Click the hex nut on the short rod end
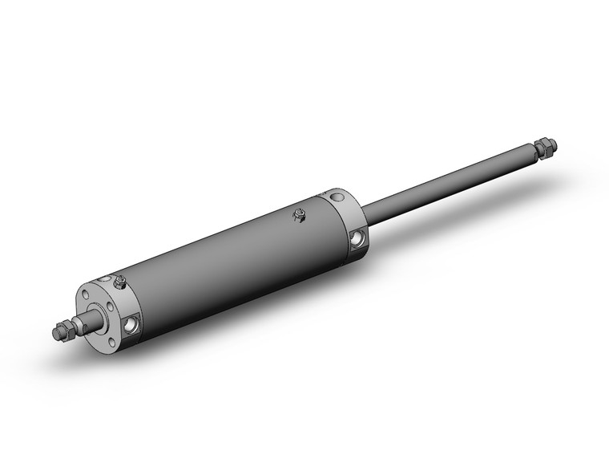coord(70,329)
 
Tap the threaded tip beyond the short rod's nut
coord(57,333)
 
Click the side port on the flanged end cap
coord(129,323)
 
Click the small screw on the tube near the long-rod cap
coord(299,214)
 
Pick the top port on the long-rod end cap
coord(335,193)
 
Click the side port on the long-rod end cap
coord(357,238)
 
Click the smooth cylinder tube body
coord(232,257)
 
